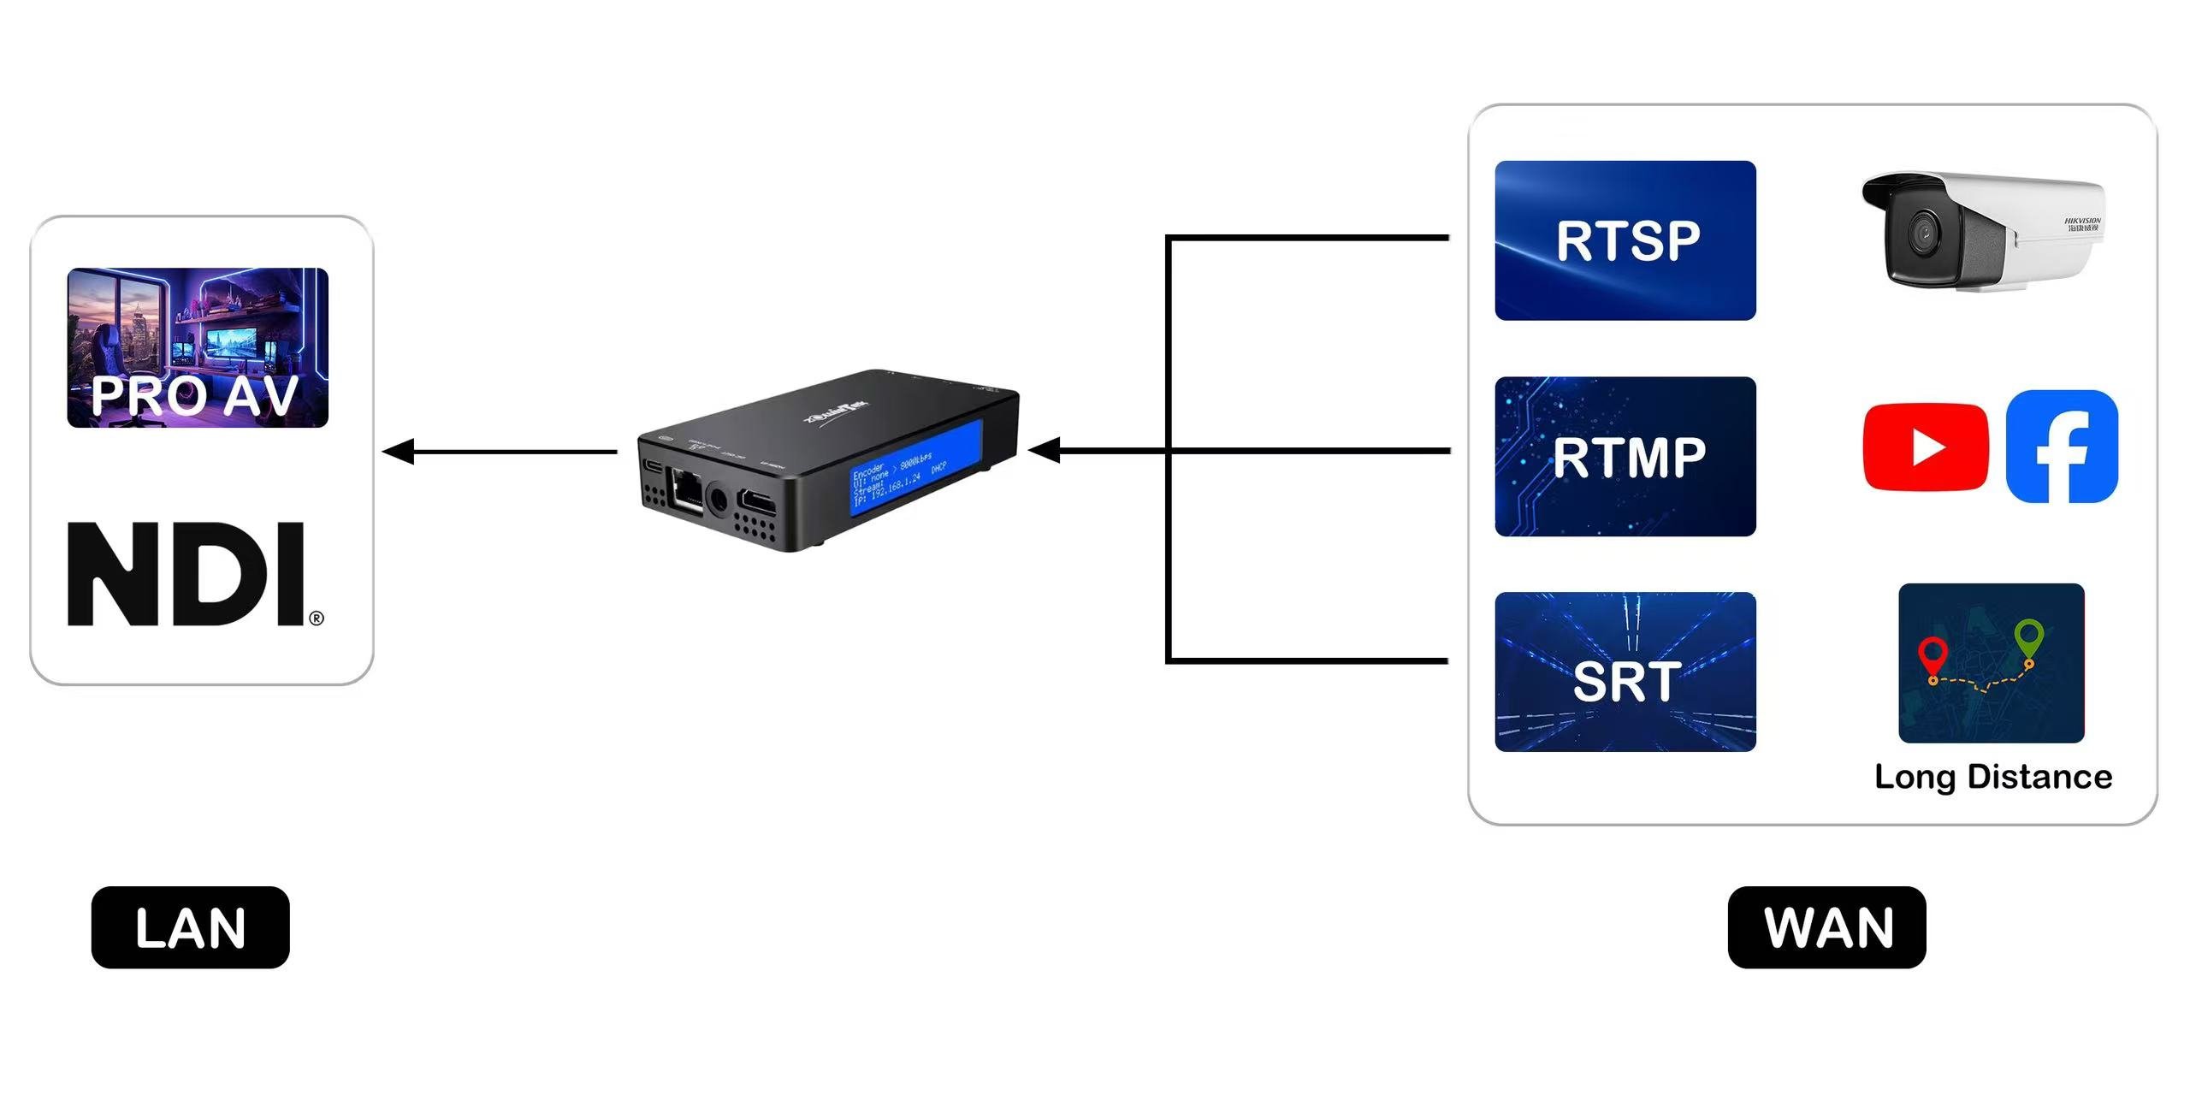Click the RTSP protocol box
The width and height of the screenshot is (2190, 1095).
tap(1625, 240)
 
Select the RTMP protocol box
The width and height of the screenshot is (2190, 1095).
tap(1625, 457)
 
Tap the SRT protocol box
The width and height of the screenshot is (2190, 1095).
tap(1625, 672)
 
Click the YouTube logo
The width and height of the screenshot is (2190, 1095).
tap(1926, 447)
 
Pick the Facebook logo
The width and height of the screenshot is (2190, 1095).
tap(2062, 447)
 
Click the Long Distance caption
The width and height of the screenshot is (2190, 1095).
tap(1993, 777)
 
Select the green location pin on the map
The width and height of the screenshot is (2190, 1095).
tap(2029, 638)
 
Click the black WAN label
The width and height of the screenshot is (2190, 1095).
tap(1826, 927)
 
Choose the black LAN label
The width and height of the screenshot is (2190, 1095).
tap(190, 927)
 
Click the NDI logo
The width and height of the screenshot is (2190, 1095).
tap(186, 574)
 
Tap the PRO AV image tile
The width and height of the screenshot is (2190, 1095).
tap(198, 347)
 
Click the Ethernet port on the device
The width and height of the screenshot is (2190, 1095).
tap(685, 489)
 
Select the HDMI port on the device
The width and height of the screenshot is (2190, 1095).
tap(757, 501)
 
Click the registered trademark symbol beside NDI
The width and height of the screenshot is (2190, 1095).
tap(317, 618)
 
